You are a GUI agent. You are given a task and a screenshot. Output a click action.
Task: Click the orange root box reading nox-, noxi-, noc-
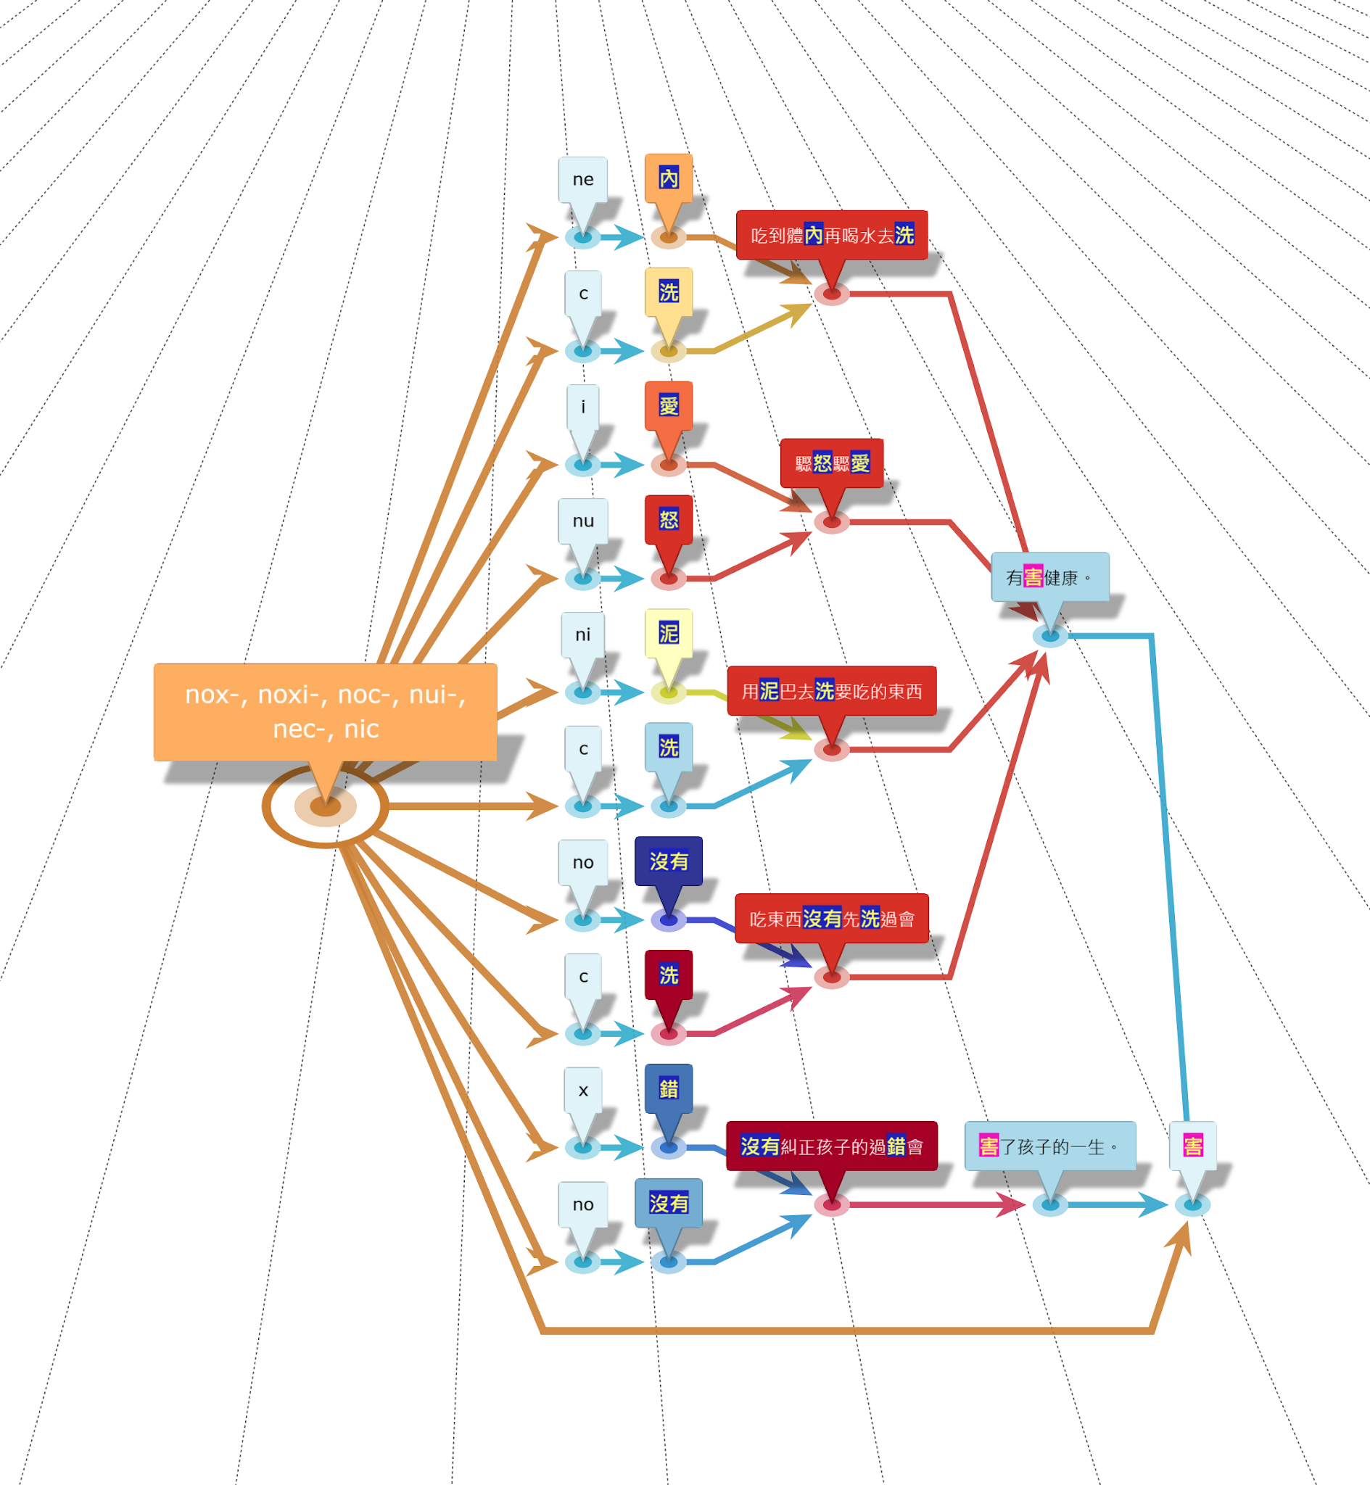tap(325, 711)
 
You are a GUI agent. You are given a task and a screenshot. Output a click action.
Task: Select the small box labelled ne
tap(582, 179)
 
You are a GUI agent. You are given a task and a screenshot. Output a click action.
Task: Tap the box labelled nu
tap(582, 521)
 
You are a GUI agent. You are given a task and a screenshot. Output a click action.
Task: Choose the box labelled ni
tap(582, 634)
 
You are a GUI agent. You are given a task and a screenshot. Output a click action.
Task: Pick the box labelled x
tap(582, 1090)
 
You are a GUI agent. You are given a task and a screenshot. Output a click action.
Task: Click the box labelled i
tap(582, 407)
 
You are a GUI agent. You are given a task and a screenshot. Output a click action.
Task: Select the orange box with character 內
tap(669, 178)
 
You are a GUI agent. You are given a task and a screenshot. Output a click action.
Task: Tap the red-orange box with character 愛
tap(669, 405)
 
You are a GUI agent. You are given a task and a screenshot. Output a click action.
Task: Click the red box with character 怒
tap(669, 519)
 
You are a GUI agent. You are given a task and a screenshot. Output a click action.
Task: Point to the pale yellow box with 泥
tap(669, 633)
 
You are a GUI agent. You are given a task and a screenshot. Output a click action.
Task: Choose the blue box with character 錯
tap(669, 1088)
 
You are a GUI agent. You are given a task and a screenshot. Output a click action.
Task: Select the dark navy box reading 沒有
tap(669, 861)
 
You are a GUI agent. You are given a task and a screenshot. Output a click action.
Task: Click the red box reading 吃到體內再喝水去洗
tap(832, 235)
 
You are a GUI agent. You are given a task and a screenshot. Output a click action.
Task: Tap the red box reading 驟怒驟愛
tap(832, 463)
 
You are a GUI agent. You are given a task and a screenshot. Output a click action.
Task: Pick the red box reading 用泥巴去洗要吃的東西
tap(832, 690)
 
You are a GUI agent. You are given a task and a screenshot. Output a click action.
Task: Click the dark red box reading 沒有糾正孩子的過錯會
tap(832, 1146)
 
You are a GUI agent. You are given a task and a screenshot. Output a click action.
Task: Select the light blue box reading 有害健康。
tap(1049, 577)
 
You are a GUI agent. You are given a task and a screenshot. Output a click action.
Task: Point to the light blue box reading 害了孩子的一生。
tap(1049, 1146)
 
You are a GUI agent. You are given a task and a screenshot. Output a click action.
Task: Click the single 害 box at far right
tap(1193, 1146)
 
